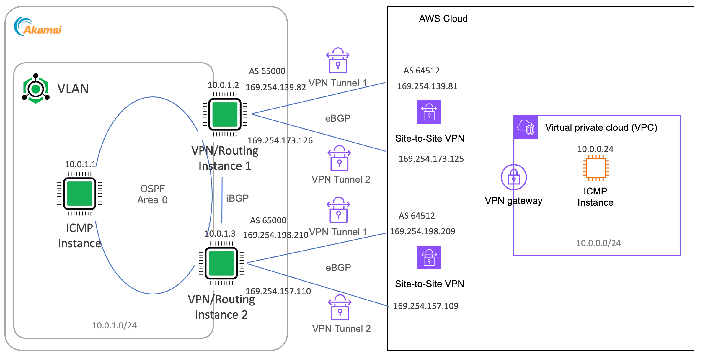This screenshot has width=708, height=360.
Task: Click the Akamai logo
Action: [38, 27]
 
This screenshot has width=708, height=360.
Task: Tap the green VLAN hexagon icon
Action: [36, 89]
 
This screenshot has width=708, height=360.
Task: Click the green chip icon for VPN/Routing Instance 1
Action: [225, 114]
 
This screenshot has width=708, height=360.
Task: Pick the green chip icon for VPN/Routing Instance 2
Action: [221, 263]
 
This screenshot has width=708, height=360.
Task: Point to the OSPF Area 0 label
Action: [152, 194]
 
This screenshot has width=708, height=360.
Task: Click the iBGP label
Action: [238, 198]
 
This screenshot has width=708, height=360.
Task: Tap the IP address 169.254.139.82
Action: [276, 87]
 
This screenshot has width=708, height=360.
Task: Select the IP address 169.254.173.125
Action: [431, 159]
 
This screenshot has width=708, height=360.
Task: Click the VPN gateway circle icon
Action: [514, 177]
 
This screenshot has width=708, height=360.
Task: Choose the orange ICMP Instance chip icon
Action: [596, 168]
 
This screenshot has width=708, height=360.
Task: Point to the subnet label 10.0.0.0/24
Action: [598, 243]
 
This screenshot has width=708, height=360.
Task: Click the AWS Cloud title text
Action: [443, 19]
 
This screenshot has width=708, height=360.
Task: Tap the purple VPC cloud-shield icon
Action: [526, 127]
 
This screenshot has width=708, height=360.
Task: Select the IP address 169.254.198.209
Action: [422, 231]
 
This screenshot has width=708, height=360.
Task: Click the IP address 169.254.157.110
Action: [278, 291]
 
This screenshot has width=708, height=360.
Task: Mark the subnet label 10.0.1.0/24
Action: [114, 325]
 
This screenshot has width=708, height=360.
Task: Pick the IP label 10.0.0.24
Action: [595, 149]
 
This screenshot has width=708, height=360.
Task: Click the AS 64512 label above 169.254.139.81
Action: [422, 71]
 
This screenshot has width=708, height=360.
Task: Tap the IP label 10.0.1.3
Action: [220, 234]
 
